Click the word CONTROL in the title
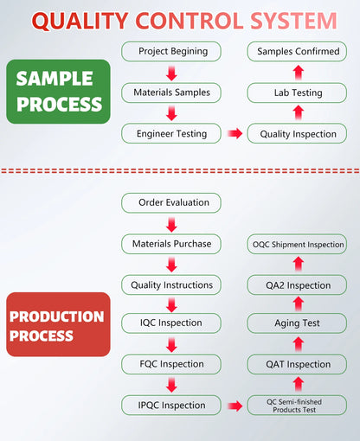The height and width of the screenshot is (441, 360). coord(190,21)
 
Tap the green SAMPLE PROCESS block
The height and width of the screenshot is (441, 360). coord(58,92)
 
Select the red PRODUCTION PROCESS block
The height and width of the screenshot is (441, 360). coord(58,324)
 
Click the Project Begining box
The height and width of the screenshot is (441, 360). coord(171,51)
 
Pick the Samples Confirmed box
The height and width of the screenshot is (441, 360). coord(297,51)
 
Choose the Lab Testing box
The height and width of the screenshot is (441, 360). coord(297,93)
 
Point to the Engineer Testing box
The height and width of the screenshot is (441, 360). coord(171,133)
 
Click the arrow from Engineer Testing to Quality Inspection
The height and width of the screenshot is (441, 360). coord(235,133)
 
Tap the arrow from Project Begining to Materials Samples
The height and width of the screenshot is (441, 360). coord(171,73)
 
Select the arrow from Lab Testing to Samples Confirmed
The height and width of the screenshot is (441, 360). coord(299,73)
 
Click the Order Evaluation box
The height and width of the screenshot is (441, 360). coord(171,203)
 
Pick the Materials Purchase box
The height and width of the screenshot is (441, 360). coord(171,244)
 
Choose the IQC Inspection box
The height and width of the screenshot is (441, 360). coord(171,323)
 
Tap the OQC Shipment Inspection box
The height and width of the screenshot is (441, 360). coord(297,244)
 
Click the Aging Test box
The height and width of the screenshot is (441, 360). coord(297,323)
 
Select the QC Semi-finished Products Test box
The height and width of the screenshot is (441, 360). coord(297,406)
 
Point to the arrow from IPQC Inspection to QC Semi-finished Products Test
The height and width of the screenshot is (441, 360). coord(235,406)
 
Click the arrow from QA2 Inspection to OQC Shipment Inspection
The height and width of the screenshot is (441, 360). coord(299,264)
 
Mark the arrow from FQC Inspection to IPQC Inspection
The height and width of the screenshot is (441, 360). coord(171,385)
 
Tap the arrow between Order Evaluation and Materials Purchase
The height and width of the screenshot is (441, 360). coord(171,225)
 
